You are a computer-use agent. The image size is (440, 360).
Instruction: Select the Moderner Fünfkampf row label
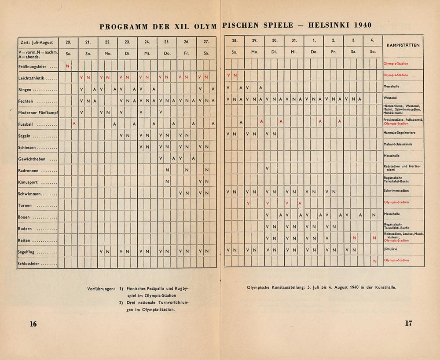(38, 112)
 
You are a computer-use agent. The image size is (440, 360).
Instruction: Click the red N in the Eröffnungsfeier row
(67, 66)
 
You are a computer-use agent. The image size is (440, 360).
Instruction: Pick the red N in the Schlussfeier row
(374, 261)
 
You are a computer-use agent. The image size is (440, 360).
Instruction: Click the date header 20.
(68, 42)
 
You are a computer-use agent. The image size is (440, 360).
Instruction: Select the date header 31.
(294, 40)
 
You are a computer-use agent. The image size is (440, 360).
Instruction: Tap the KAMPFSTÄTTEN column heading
(403, 45)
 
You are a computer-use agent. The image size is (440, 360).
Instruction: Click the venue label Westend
(390, 98)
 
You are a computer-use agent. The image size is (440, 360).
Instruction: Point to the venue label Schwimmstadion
(396, 191)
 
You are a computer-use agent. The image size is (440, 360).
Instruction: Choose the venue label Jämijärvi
(391, 249)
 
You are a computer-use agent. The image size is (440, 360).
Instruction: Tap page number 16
(33, 324)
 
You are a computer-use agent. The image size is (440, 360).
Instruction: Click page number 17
(408, 323)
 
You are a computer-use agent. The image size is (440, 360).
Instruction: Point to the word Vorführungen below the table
(102, 289)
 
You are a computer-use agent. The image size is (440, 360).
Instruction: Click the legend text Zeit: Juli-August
(37, 43)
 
